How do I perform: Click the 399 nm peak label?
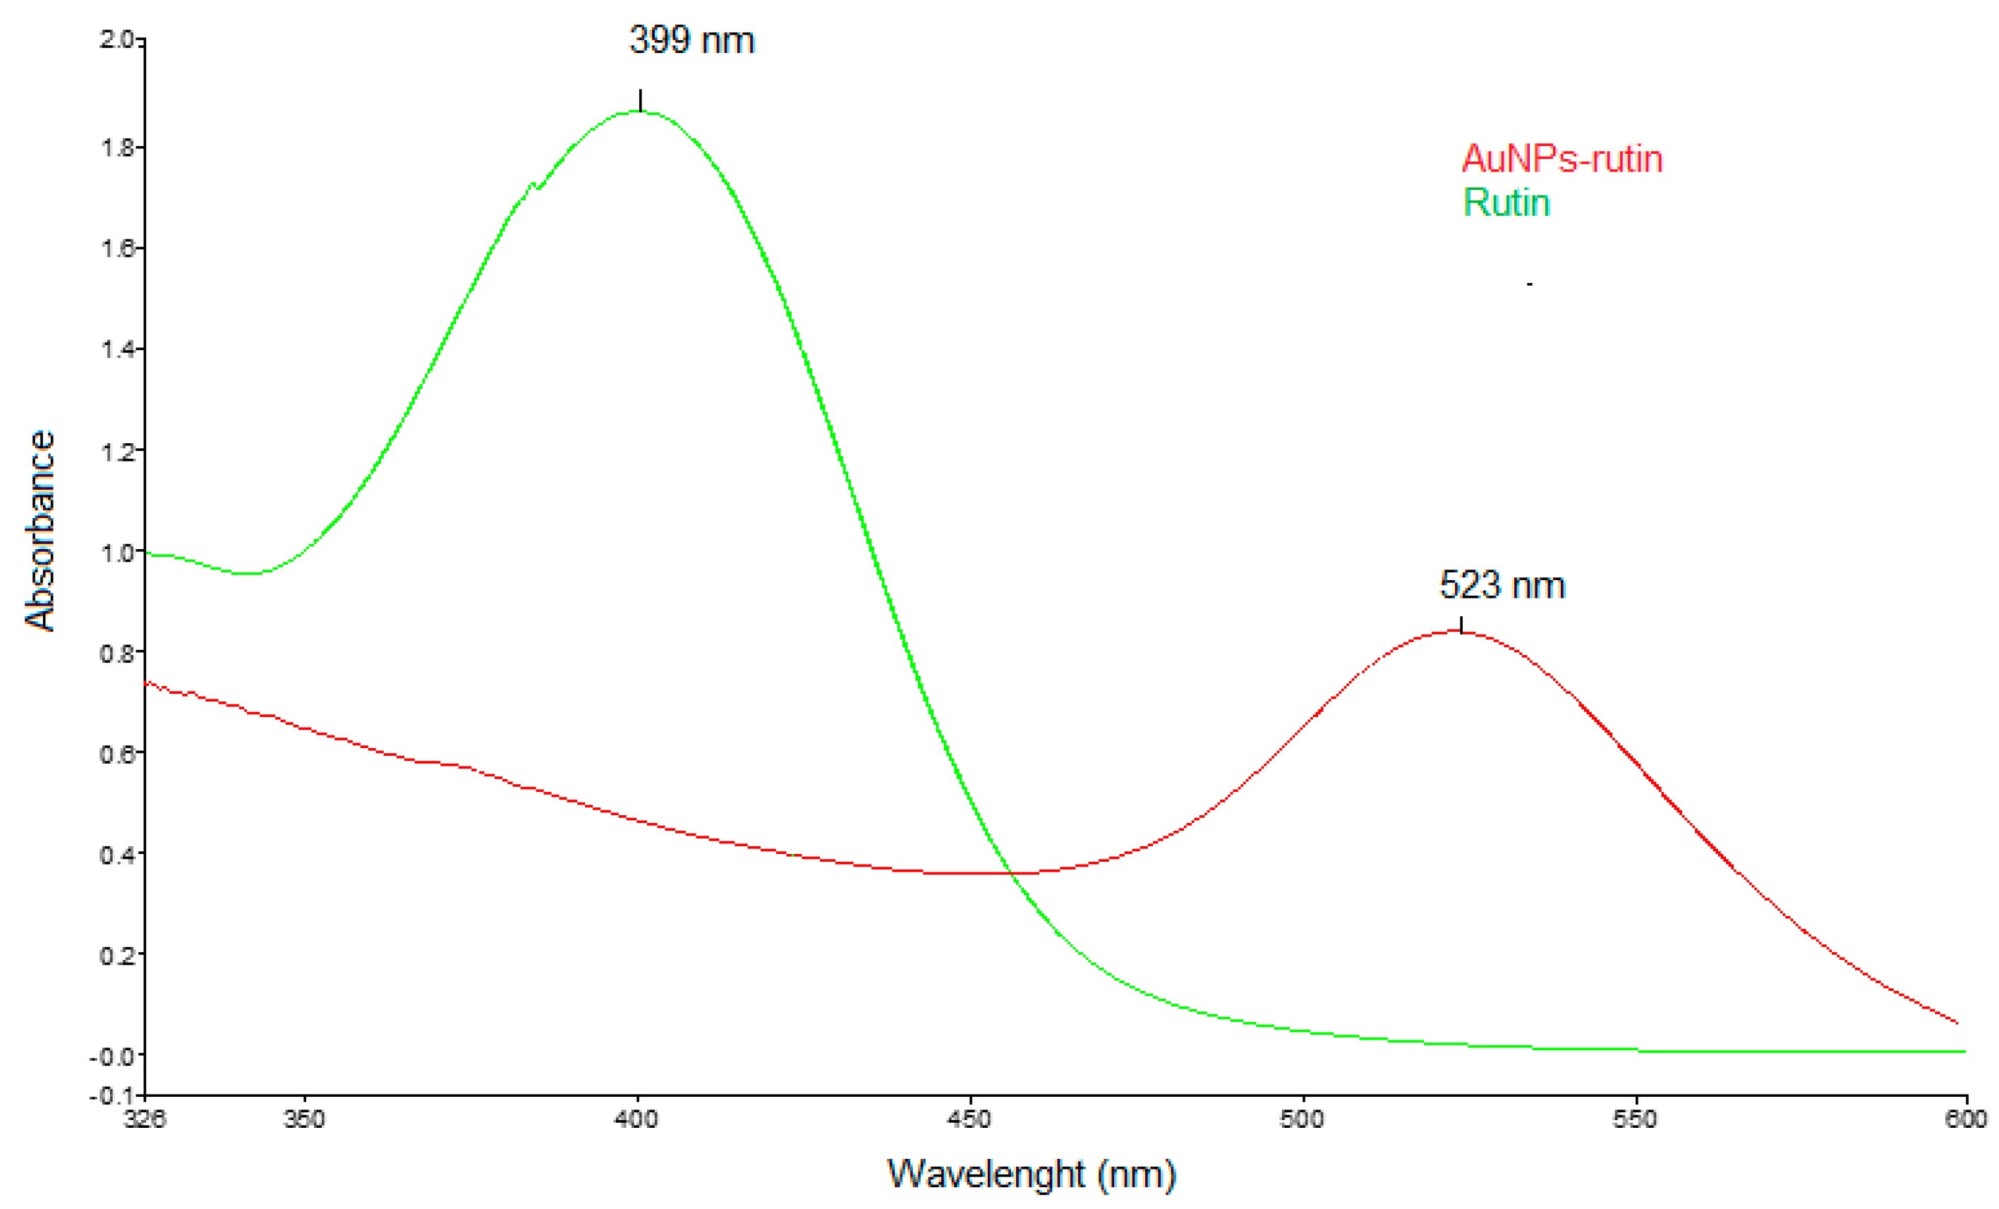(692, 40)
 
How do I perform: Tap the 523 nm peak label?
(1502, 585)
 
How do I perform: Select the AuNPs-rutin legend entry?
(1562, 159)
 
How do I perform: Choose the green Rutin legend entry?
(1506, 203)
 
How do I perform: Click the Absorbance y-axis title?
(40, 531)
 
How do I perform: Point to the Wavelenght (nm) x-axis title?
(1031, 1174)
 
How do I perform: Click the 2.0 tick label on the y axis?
(116, 39)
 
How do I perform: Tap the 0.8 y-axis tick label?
(116, 653)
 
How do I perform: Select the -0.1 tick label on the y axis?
(112, 1096)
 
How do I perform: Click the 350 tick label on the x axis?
(304, 1120)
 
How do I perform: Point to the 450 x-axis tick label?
(970, 1120)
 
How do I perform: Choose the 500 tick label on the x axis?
(1302, 1120)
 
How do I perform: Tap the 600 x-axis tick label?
(1965, 1120)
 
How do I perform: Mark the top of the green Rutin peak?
(641, 112)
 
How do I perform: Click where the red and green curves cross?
(1011, 872)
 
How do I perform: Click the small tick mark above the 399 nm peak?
(641, 99)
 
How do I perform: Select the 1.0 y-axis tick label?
(116, 553)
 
